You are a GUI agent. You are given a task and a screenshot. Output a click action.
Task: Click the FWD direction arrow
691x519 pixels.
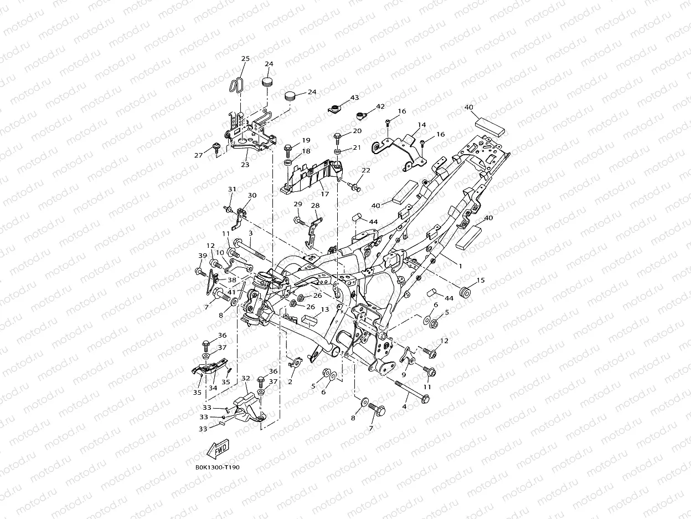pyautogui.click(x=218, y=449)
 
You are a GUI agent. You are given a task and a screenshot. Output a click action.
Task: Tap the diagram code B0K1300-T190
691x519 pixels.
pyautogui.click(x=218, y=467)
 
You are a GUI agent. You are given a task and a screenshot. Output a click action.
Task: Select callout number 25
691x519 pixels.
pyautogui.click(x=245, y=59)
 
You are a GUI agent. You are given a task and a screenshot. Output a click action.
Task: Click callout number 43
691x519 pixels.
pyautogui.click(x=354, y=98)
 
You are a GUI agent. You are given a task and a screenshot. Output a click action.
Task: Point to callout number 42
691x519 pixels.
pyautogui.click(x=380, y=106)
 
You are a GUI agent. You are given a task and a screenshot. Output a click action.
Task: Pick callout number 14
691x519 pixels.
pyautogui.click(x=422, y=125)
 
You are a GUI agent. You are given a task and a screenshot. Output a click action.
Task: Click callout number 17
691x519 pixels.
pyautogui.click(x=324, y=194)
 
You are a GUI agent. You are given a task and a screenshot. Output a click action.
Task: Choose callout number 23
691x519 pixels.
pyautogui.click(x=245, y=165)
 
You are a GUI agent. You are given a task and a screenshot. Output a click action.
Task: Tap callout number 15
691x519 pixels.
pyautogui.click(x=481, y=280)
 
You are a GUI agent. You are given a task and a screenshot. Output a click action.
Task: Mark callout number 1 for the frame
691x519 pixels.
pyautogui.click(x=460, y=266)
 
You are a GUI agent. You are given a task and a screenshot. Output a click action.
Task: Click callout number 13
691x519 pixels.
pyautogui.click(x=325, y=309)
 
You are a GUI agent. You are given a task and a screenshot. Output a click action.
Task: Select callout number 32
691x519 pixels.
pyautogui.click(x=245, y=378)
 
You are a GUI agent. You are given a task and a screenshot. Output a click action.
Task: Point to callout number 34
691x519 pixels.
pyautogui.click(x=213, y=388)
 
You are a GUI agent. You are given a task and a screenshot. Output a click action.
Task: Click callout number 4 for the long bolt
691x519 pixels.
pyautogui.click(x=405, y=407)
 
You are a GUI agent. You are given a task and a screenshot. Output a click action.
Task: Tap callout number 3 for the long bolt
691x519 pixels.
pyautogui.click(x=251, y=233)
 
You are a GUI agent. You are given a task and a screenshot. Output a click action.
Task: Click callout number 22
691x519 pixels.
pyautogui.click(x=366, y=170)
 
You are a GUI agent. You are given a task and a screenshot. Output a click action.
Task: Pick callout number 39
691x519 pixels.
pyautogui.click(x=203, y=256)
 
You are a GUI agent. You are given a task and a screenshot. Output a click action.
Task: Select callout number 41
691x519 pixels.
pyautogui.click(x=231, y=292)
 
